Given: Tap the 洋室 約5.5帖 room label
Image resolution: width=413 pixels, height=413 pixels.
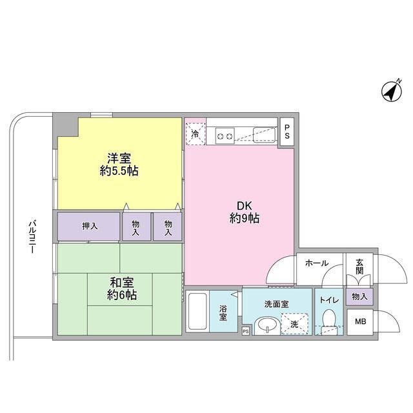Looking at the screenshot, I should pyautogui.click(x=119, y=164).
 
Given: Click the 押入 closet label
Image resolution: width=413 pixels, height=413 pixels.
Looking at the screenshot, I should pyautogui.click(x=90, y=227).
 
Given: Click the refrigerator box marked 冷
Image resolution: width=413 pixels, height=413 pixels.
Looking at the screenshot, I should pyautogui.click(x=196, y=134).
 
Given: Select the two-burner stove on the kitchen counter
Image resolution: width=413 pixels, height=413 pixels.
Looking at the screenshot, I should pyautogui.click(x=227, y=136).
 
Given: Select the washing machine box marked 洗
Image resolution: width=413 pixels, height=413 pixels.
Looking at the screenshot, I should pyautogui.click(x=294, y=323).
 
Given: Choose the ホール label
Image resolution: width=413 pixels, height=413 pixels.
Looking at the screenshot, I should pyautogui.click(x=317, y=263).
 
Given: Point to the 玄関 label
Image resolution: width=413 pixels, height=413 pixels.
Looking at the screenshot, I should pyautogui.click(x=359, y=266).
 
